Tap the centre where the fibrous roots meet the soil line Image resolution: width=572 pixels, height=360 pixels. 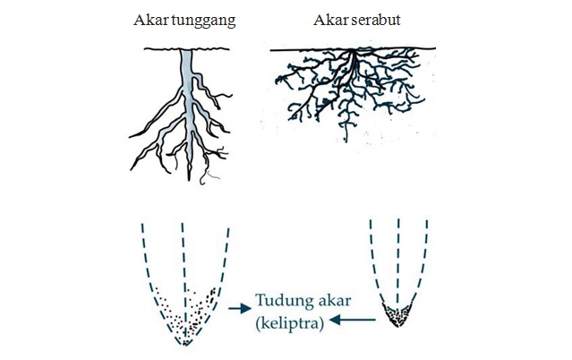pos(357,52)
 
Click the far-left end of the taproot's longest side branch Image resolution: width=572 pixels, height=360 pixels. pos(131,135)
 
